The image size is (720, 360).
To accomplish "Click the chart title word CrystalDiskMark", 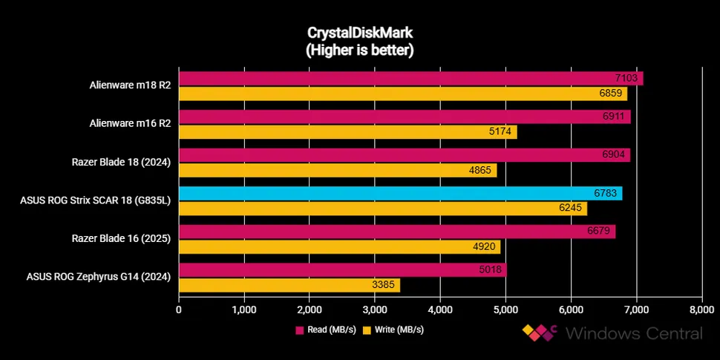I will tap(359, 34).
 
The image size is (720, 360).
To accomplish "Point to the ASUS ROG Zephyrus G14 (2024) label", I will tap(99, 277).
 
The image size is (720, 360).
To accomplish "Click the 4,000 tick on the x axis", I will tap(440, 309).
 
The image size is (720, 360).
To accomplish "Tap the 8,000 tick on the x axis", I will tap(701, 309).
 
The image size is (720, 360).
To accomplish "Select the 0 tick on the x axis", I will tap(179, 309).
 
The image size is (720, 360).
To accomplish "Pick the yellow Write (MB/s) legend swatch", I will tap(366, 329).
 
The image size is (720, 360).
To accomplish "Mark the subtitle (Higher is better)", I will tap(359, 50).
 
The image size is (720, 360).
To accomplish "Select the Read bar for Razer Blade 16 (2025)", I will tap(393, 232).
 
